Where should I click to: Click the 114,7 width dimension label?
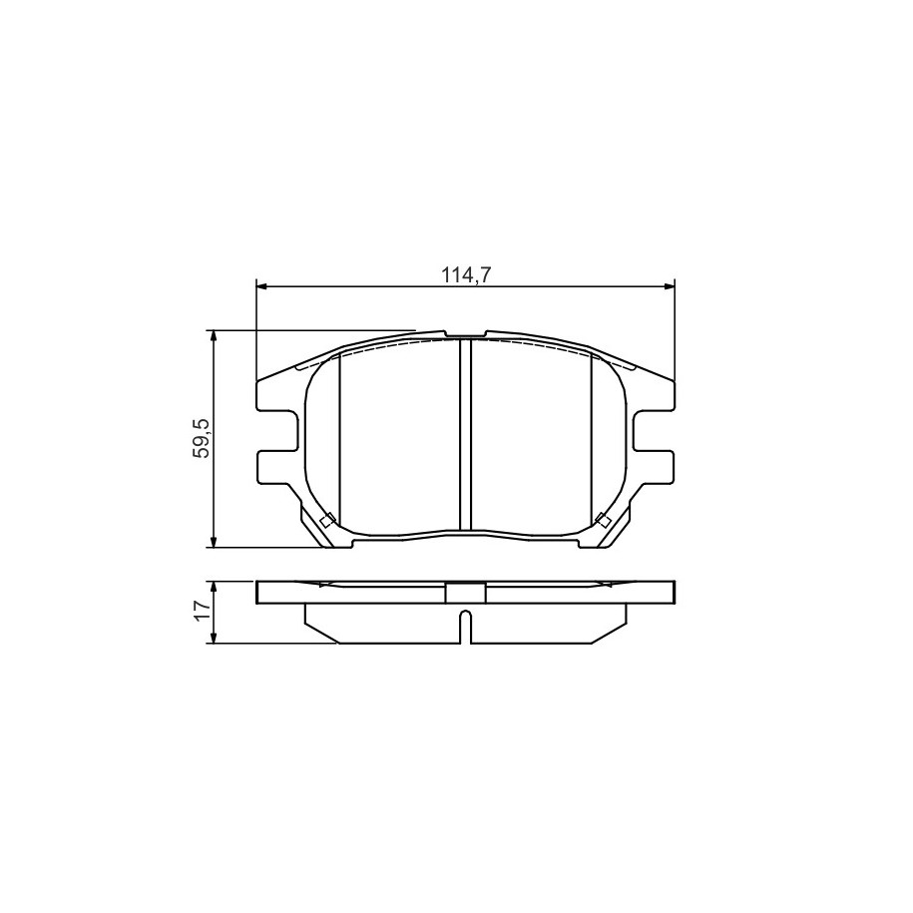[466, 274]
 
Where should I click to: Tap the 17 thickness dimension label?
[202, 612]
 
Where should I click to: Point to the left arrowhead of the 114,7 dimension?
[261, 286]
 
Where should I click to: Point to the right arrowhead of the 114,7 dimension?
[670, 286]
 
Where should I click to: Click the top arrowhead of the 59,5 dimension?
[215, 336]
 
